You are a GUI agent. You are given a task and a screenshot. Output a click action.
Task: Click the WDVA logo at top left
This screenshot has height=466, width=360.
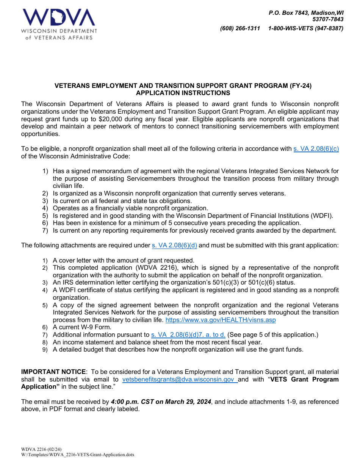point(59,24)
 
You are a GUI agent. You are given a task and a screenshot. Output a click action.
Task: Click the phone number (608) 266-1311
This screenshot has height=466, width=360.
point(240,28)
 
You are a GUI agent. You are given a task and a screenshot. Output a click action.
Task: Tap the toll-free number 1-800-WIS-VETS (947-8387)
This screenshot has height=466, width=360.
point(305,28)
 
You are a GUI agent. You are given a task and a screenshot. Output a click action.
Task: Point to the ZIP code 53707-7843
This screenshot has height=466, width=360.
point(328,19)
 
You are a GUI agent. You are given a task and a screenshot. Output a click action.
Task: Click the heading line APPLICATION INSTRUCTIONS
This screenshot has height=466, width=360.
point(183,93)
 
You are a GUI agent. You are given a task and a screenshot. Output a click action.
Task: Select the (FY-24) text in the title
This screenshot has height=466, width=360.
point(299,86)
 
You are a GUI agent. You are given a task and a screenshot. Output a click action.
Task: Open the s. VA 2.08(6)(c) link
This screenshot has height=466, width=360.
point(316,149)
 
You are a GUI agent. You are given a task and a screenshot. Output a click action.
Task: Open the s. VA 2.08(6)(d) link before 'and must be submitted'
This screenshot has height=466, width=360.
point(174,246)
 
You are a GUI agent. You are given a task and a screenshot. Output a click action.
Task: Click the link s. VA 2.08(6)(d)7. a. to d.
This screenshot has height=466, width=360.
point(188,335)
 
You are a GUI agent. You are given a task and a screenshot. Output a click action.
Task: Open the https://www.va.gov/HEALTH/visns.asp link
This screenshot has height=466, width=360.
point(221,320)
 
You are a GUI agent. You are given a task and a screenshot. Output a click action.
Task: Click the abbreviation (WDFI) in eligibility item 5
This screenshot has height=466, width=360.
point(322,216)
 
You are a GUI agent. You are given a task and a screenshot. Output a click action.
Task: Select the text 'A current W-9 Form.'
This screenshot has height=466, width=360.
point(82,327)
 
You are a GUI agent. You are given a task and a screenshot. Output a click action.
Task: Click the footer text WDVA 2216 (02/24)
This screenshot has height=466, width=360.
point(41,450)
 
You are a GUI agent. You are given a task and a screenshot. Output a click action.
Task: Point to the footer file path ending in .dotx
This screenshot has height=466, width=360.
point(78,455)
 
